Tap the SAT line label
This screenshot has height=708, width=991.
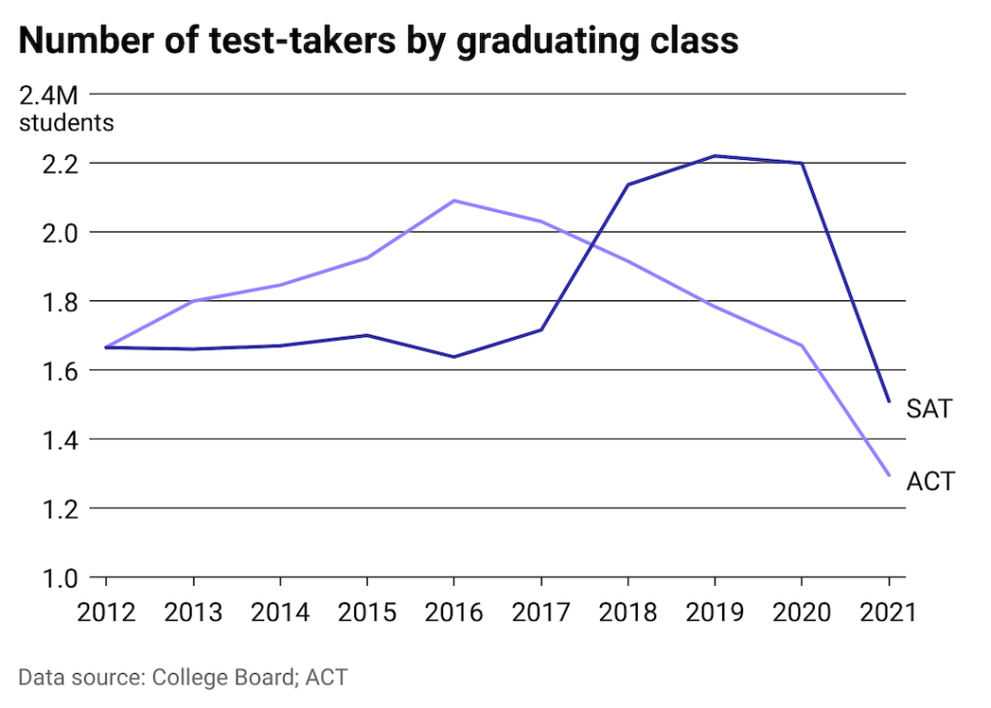click(929, 409)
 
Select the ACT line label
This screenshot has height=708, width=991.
click(930, 479)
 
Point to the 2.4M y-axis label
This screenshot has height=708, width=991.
click(47, 97)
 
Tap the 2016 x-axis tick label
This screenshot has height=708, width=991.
click(453, 613)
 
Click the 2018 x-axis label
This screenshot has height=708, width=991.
click(627, 613)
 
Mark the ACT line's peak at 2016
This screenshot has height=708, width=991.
click(454, 200)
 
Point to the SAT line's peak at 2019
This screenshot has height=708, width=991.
click(714, 156)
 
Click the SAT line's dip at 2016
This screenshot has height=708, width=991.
click(454, 356)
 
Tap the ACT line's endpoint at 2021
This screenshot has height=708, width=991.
click(888, 475)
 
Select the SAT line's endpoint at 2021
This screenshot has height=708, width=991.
click(888, 400)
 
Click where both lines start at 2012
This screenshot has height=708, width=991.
click(105, 347)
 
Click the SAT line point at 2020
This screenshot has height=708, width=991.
click(801, 163)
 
